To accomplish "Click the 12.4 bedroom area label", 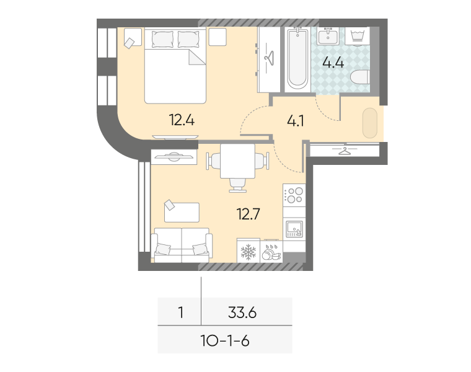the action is click(182, 120).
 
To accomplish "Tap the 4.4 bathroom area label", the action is click(333, 63).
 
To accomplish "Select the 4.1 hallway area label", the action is click(296, 121).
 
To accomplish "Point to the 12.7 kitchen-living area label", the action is click(248, 214).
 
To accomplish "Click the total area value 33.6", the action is click(242, 313).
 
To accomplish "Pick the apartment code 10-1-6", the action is click(225, 341).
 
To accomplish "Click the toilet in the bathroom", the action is click(360, 77).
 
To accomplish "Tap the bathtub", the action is click(297, 59).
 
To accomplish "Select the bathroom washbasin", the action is click(328, 36).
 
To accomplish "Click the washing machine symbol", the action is click(357, 36).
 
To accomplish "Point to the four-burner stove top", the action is click(294, 195).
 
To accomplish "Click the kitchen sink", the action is click(294, 229).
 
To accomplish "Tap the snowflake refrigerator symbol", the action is click(249, 251).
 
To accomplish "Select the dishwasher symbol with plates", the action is click(271, 251).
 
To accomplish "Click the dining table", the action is click(237, 161).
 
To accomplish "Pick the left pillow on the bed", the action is click(162, 39).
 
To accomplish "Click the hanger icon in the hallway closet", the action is click(345, 150).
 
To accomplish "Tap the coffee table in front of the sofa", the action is click(182, 213).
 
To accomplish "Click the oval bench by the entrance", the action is click(370, 123).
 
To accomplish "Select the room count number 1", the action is click(180, 312).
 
